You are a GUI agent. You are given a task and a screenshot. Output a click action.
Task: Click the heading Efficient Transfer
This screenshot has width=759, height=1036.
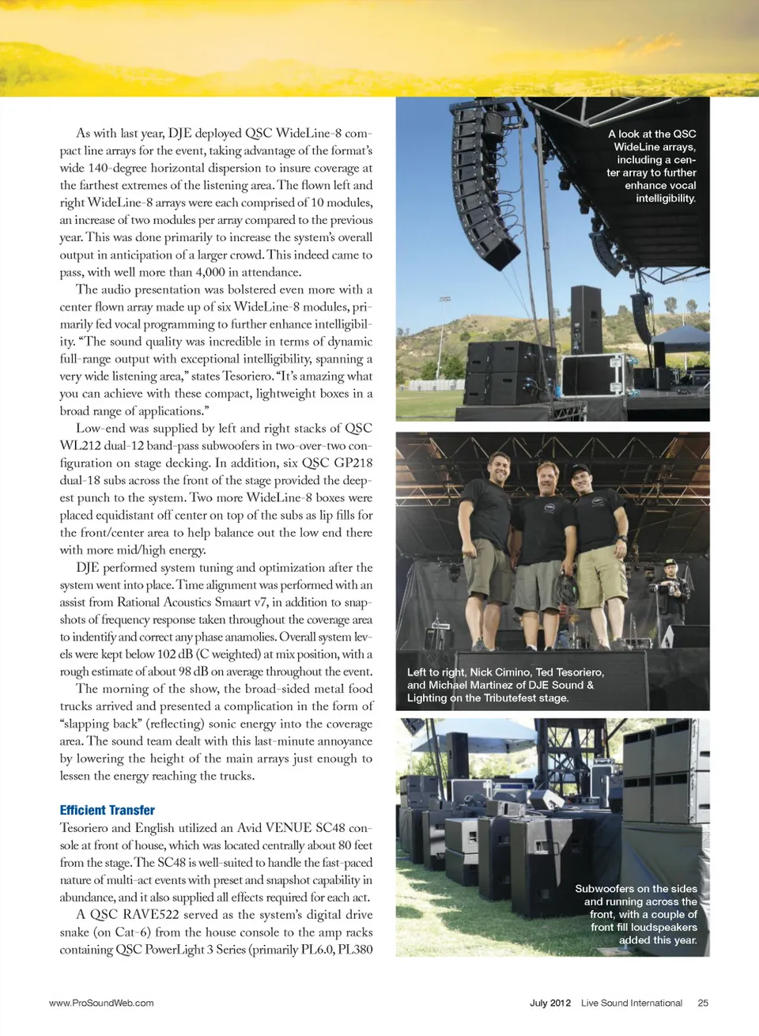click(107, 810)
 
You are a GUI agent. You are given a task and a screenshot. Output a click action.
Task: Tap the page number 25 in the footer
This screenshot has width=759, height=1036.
click(703, 1003)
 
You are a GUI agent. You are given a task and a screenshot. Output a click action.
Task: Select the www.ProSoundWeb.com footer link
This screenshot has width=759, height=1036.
click(101, 1003)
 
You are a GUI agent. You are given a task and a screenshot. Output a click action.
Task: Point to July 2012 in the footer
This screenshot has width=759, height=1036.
click(549, 1003)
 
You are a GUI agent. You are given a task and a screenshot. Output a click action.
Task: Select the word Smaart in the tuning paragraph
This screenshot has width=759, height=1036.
click(232, 602)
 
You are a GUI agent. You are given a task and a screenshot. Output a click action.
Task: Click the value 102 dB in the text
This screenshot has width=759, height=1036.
click(174, 654)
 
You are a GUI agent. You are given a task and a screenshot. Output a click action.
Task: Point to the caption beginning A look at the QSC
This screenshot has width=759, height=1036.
click(651, 166)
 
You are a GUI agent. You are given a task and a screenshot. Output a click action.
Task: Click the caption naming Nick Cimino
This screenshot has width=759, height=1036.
click(505, 685)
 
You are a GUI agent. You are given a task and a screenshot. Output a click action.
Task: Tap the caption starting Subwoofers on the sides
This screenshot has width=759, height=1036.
click(636, 914)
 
